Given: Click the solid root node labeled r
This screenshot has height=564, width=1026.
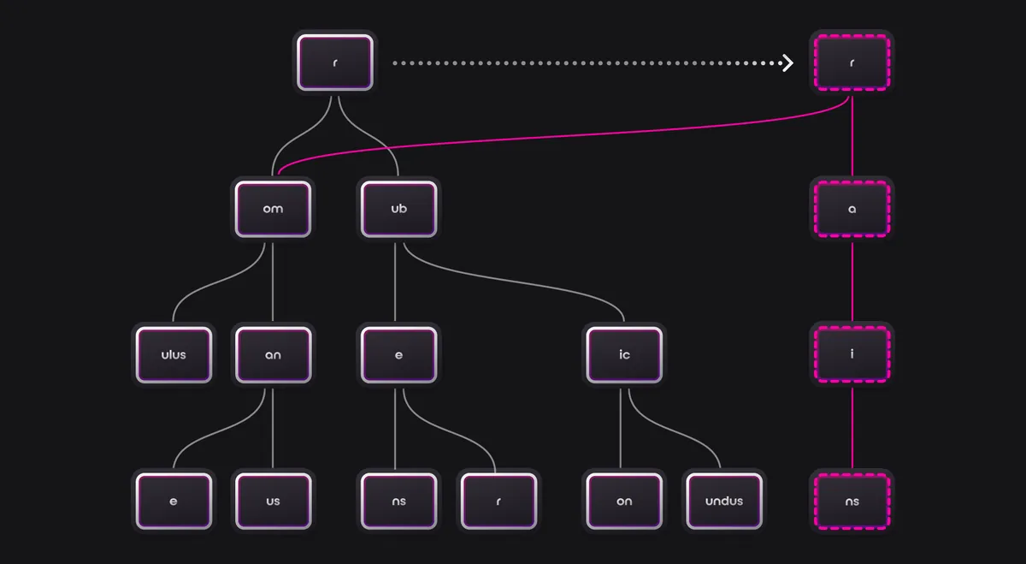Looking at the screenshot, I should tap(334, 62).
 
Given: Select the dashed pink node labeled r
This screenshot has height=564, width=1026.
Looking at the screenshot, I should tap(852, 62).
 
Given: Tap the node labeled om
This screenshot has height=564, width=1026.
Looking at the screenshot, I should tap(273, 208).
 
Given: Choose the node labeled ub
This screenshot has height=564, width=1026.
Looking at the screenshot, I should tap(398, 208).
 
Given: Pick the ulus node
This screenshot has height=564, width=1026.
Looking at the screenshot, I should tap(174, 354).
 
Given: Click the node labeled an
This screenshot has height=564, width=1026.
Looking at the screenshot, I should tap(273, 354).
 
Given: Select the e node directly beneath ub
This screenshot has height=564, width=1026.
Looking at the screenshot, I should tap(398, 354).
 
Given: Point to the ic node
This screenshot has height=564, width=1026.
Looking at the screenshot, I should tap(624, 354).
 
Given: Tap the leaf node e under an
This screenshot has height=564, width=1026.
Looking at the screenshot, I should tap(174, 501).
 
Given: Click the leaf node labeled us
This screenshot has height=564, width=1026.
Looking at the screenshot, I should tap(273, 501).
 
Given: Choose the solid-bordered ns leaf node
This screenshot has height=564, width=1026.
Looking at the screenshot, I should tap(398, 501).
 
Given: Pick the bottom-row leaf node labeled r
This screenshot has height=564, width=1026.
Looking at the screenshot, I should tap(498, 501).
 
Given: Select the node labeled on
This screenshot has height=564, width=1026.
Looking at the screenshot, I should tap(624, 501).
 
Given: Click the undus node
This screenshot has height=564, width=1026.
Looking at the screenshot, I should tap(724, 501).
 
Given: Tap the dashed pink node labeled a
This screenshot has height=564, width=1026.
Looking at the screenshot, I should tap(852, 208).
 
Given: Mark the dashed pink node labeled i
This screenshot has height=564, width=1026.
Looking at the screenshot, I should tap(852, 354).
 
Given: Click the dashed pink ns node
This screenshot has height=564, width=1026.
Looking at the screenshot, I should tap(852, 501).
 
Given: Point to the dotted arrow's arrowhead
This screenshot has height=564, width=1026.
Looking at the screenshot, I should tap(787, 62).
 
